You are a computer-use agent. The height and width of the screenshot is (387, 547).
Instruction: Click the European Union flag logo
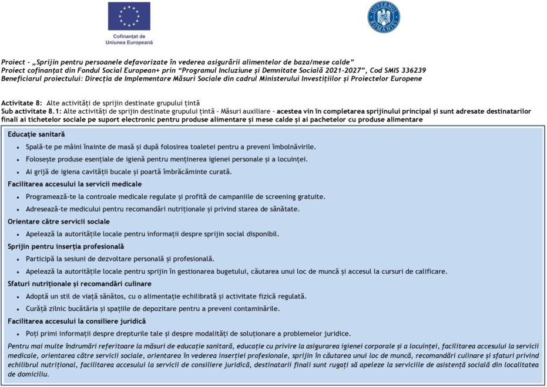pos(129,16)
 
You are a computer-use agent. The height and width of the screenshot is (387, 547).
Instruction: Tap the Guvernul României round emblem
pos(384,17)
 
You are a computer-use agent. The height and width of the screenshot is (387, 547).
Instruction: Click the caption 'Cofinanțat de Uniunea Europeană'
pos(129,39)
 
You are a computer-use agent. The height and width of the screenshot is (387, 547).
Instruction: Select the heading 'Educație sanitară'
pos(36,134)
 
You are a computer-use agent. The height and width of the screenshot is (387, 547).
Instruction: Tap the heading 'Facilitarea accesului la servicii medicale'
pos(75,184)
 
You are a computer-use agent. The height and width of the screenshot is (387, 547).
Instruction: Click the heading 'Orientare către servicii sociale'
pos(59,222)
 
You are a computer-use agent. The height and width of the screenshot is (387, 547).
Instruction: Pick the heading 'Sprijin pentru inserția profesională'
pos(66,246)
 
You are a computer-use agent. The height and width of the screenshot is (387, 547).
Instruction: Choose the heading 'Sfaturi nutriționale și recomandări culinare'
pos(79,284)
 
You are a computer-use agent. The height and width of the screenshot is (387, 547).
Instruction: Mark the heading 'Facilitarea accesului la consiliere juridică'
pos(77,321)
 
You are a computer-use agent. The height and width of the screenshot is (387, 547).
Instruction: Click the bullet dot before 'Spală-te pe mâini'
pos(19,147)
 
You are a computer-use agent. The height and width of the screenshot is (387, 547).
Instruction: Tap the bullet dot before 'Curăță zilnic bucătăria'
pos(19,309)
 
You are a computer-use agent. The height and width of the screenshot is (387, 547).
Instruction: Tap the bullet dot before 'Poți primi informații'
pos(19,334)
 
